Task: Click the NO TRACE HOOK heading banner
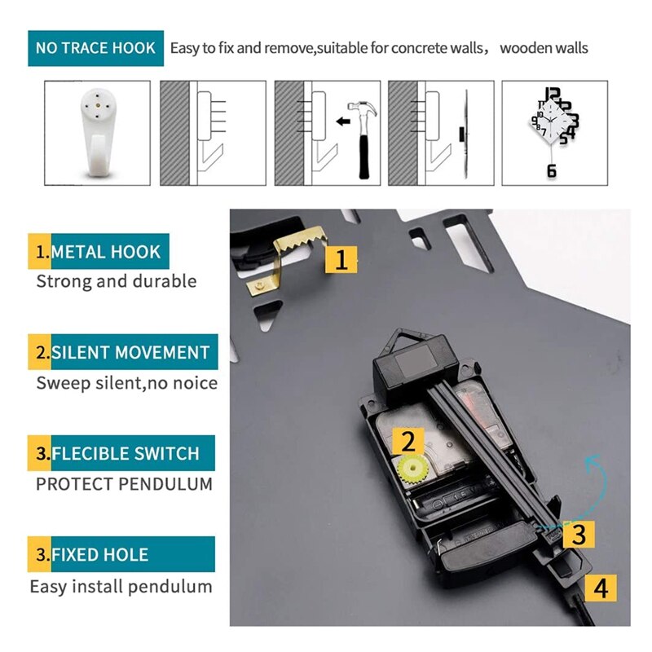point(95,48)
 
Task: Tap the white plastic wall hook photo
point(97,131)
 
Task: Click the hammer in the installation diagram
point(363,138)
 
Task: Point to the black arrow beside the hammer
point(342,121)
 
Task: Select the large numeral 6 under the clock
point(552,170)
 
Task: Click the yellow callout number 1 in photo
point(341,260)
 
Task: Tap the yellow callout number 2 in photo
point(408,441)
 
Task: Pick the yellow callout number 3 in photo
point(579,535)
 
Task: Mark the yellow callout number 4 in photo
point(601,588)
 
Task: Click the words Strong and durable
point(117,281)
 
